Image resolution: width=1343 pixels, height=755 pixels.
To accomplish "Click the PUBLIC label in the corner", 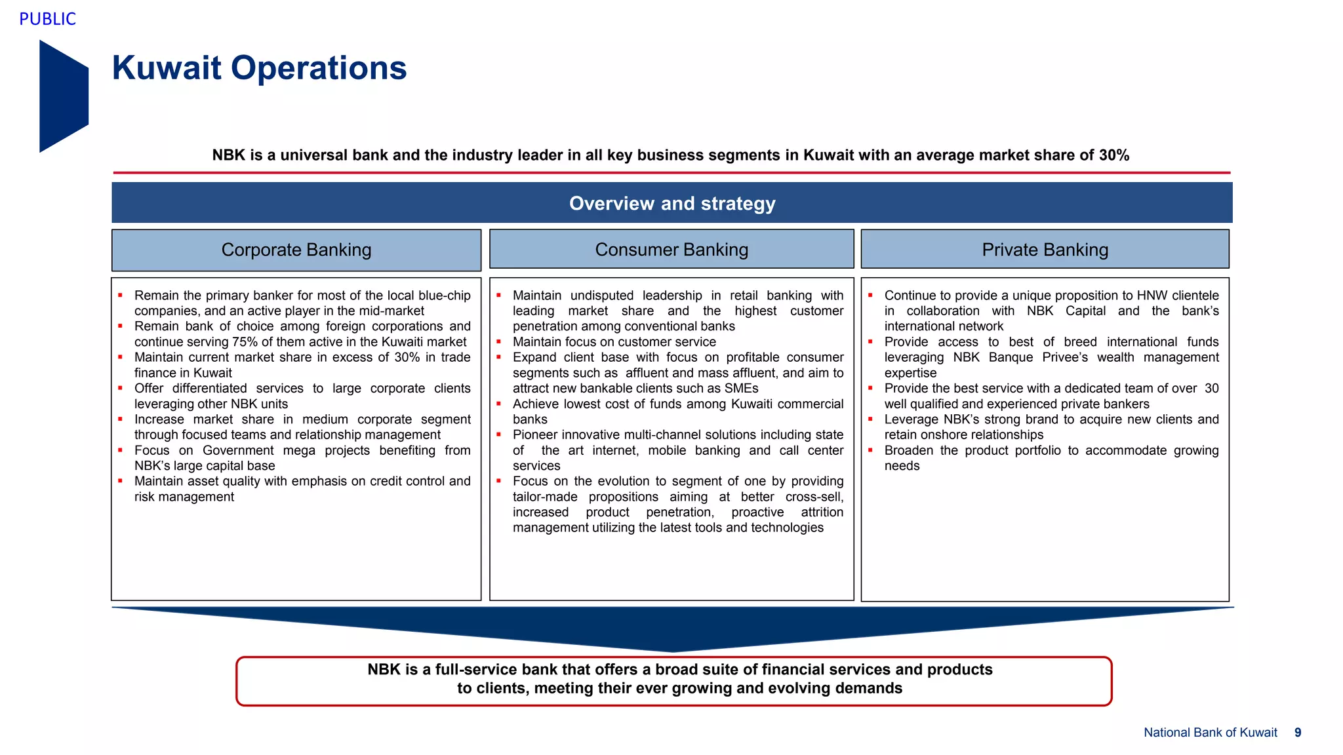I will [x=47, y=19].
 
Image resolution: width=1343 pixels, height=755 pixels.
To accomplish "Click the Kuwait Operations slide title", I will [x=259, y=68].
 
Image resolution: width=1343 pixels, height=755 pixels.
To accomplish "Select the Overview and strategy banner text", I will [x=671, y=203].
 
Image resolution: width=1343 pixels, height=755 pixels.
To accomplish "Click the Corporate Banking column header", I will [x=296, y=250].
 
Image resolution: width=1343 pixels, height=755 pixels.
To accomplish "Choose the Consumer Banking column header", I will [x=671, y=250].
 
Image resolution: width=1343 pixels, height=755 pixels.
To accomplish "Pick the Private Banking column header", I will [x=1045, y=250].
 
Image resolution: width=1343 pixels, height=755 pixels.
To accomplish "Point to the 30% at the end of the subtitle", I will [x=1114, y=155].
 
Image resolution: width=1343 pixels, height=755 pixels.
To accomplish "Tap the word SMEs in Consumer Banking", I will [x=741, y=389].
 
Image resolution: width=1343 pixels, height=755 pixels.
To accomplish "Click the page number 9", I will [x=1298, y=733].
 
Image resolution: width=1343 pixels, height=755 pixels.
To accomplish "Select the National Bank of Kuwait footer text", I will [x=1210, y=733].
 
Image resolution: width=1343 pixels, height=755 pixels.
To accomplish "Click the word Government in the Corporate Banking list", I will [x=238, y=450].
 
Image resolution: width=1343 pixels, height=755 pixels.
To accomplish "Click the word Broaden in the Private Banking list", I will [x=908, y=450].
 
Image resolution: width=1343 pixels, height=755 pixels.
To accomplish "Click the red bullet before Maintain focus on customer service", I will [x=499, y=341].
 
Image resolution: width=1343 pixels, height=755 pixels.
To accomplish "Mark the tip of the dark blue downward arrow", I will [x=673, y=650].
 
